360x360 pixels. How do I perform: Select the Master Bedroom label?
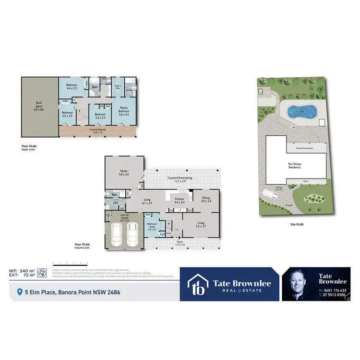tap(124, 111)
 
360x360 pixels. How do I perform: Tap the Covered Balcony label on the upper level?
tap(98, 130)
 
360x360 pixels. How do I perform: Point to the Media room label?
tap(124, 172)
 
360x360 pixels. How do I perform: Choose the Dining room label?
tap(206, 199)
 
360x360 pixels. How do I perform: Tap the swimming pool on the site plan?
tap(301, 112)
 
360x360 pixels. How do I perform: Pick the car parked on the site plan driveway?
tap(268, 192)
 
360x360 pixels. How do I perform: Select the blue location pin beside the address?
tap(20, 292)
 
